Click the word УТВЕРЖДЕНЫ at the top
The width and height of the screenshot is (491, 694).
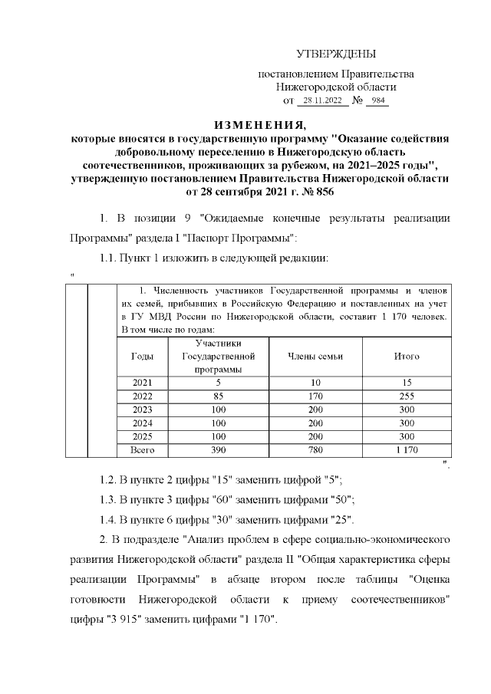pos(336,54)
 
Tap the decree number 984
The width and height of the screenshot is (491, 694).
pos(377,101)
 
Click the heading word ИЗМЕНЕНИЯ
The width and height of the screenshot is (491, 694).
pos(259,126)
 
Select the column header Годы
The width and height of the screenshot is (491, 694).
pos(142,357)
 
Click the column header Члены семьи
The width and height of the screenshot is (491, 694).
pos(315,357)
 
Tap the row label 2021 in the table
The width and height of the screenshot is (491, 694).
pos(142,383)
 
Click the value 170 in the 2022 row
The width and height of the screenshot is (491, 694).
pos(315,396)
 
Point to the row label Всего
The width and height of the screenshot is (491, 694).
pos(142,450)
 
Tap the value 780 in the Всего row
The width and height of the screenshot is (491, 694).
pos(315,450)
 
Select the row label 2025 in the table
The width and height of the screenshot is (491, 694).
pos(142,436)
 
